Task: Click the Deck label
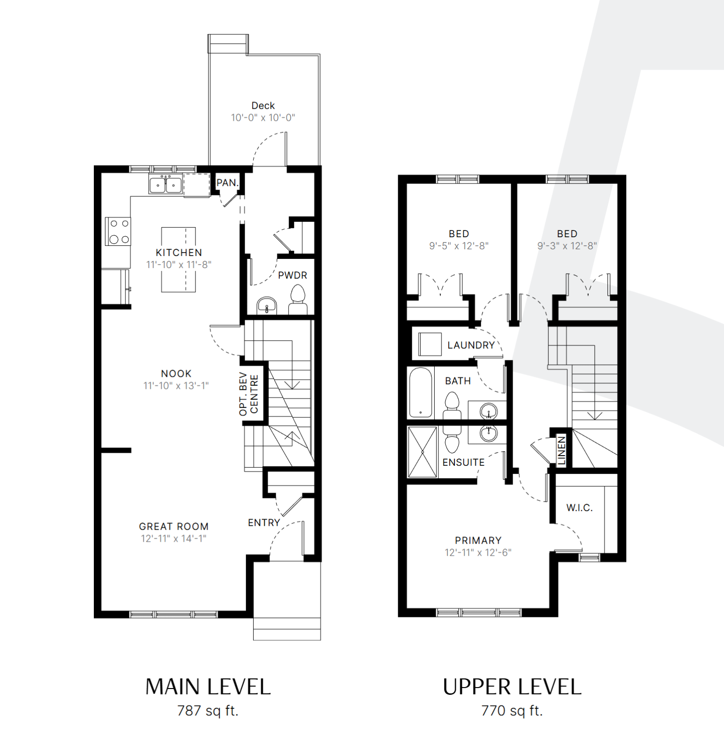pyautogui.click(x=263, y=105)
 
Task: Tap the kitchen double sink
pyautogui.click(x=166, y=185)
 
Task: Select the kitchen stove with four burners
pyautogui.click(x=118, y=231)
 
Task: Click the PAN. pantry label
pyautogui.click(x=227, y=183)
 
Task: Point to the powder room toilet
pyautogui.click(x=298, y=300)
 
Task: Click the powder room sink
pyautogui.click(x=267, y=306)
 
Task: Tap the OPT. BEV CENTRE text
pyautogui.click(x=248, y=394)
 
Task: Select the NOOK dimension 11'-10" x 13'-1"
pyautogui.click(x=176, y=385)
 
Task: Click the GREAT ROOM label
pyautogui.click(x=174, y=526)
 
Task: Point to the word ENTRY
pyautogui.click(x=264, y=523)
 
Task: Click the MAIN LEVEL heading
pyautogui.click(x=208, y=687)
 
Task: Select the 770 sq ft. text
pyautogui.click(x=512, y=711)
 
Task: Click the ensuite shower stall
pyautogui.click(x=422, y=452)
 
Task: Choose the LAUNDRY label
pyautogui.click(x=471, y=345)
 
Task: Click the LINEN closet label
pyautogui.click(x=561, y=451)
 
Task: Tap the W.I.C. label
pyautogui.click(x=580, y=508)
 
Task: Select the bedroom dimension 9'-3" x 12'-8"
pyautogui.click(x=567, y=245)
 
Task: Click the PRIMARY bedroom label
pyautogui.click(x=478, y=540)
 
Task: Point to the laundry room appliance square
pyautogui.click(x=430, y=344)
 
